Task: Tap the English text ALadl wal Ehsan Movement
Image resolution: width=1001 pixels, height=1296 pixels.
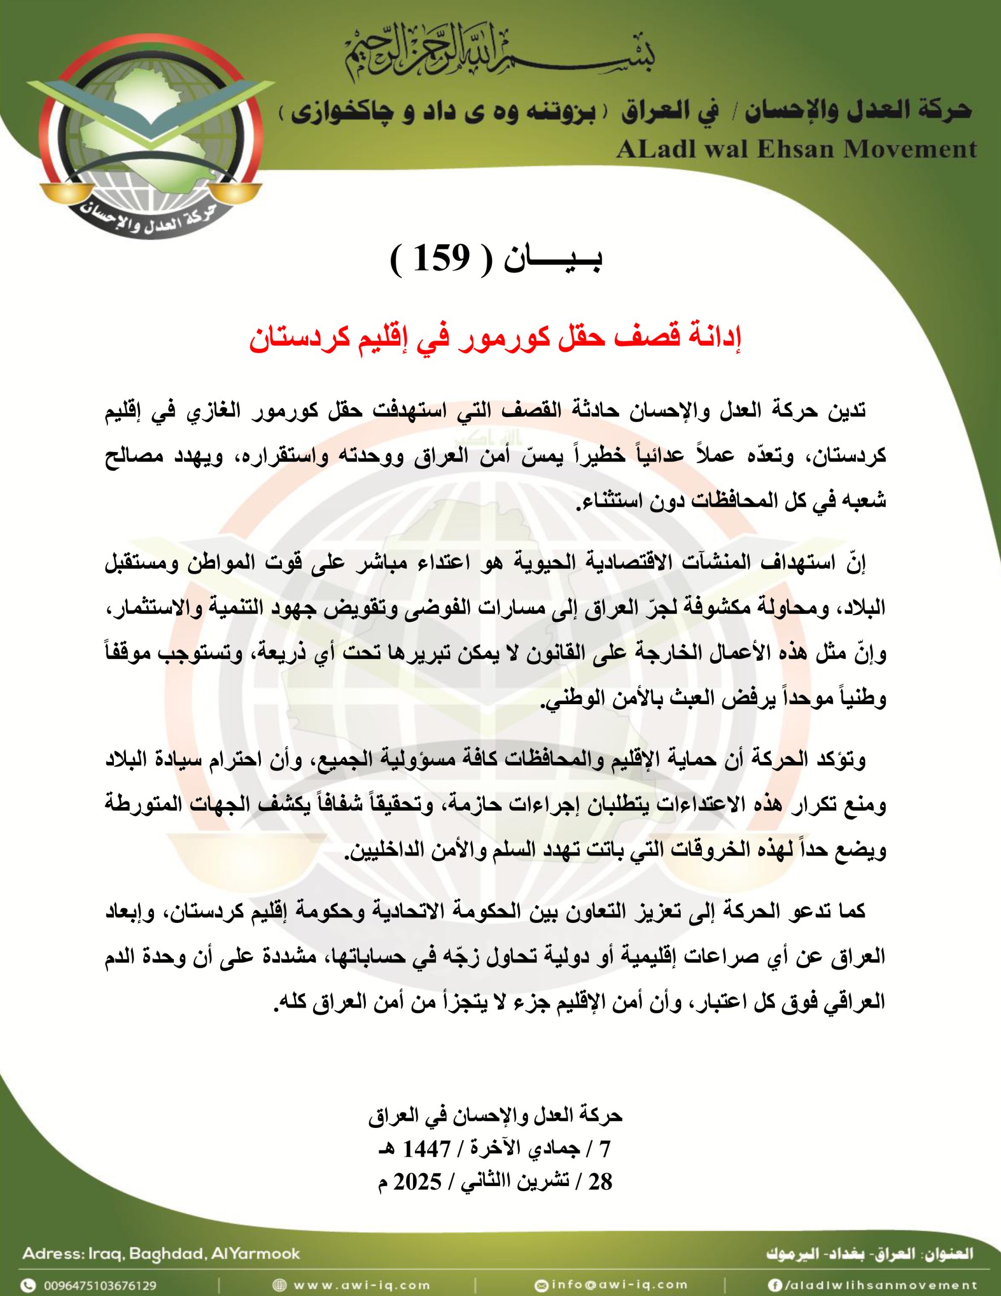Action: tap(796, 149)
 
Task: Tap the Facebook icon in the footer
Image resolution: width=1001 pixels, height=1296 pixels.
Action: tap(774, 1282)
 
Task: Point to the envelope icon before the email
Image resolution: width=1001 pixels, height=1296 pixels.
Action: tap(540, 1282)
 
